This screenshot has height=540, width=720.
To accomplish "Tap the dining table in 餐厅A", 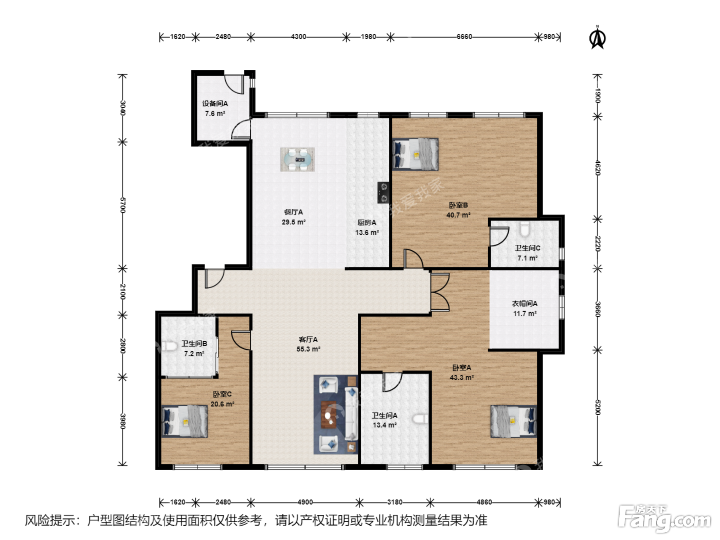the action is [x=297, y=159].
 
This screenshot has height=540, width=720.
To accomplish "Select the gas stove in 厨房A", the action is [x=383, y=192].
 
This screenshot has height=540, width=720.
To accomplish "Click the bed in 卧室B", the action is [x=416, y=154].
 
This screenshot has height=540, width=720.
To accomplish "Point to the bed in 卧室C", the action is [x=185, y=421].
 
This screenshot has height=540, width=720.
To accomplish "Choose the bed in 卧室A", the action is [x=514, y=421].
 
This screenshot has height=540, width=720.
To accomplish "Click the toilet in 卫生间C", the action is [x=525, y=229].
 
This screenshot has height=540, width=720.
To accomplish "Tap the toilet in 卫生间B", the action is [x=170, y=346].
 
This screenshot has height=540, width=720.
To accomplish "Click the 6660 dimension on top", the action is [x=464, y=37].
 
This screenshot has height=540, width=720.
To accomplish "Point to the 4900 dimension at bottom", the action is [x=305, y=502].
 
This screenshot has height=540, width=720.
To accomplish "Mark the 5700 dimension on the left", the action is [x=123, y=205].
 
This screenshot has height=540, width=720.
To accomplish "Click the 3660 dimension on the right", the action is [x=597, y=309].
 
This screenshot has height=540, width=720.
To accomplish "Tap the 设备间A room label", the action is [x=215, y=103].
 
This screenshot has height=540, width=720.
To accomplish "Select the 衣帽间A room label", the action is [x=525, y=303].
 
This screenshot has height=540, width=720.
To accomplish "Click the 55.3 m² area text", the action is [x=309, y=349].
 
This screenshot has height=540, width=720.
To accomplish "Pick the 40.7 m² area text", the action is [x=458, y=215].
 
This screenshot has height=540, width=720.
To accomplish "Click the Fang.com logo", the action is [x=664, y=518].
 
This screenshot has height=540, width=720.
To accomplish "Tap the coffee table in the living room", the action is [x=329, y=415].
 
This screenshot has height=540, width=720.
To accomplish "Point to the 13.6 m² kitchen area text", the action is [x=367, y=232].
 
